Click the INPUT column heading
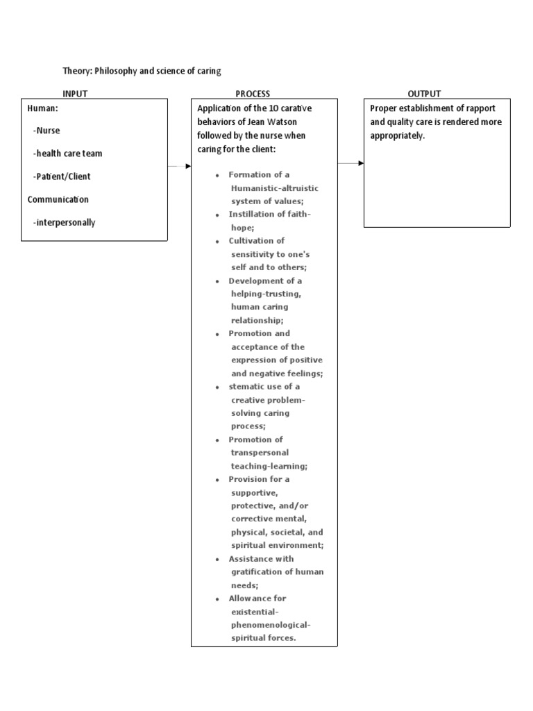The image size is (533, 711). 75,94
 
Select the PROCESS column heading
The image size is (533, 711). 253,94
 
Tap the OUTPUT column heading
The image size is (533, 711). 424,94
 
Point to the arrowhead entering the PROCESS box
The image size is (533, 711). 188,166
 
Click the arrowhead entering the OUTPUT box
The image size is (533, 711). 360,163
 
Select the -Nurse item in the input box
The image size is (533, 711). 46,130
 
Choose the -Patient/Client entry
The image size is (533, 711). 61,176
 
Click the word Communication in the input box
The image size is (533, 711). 58,199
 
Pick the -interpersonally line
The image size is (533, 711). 64,223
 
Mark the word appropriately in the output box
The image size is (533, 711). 396,135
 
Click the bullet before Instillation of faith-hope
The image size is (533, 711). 217,215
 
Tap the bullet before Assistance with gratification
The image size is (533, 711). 217,559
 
